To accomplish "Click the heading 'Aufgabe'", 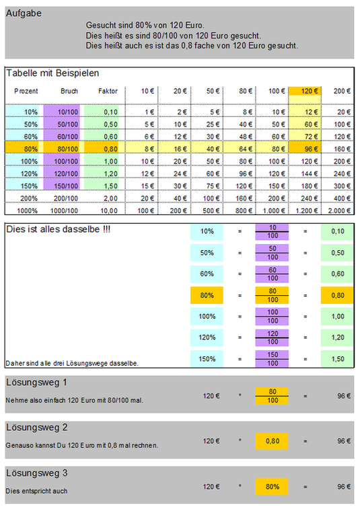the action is tap(24, 13).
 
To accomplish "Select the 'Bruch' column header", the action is tap(69, 91).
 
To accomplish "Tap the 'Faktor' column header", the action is tap(108, 91).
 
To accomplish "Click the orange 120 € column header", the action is tap(305, 91).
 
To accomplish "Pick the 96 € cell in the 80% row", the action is tap(305, 149).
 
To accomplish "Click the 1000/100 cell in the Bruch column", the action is tap(64, 210).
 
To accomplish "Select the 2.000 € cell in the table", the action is tap(339, 210).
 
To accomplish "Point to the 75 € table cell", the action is tap(213, 186).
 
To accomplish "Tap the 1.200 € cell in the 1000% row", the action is tap(306, 210).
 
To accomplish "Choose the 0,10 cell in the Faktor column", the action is tap(111, 112).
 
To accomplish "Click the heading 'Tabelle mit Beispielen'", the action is tap(52, 73).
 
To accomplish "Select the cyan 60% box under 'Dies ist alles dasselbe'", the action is tap(207, 274).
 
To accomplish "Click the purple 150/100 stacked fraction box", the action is tap(272, 359).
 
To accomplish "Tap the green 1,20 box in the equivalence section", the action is tap(337, 338).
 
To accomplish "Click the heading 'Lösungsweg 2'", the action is tap(37, 428).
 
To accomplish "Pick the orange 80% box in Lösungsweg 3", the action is tap(272, 487).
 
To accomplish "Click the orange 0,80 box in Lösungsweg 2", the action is tap(272, 441).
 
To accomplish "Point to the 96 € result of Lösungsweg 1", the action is tap(344, 396).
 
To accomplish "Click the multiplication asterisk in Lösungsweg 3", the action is tap(240, 486).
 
